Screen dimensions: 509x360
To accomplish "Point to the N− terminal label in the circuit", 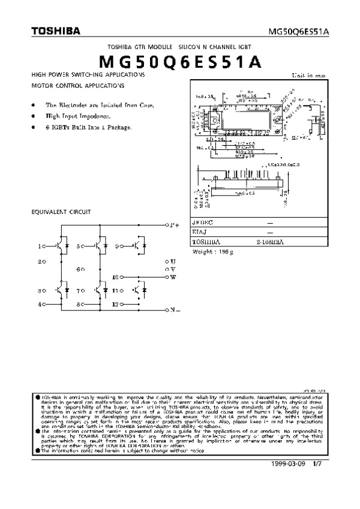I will pyautogui.click(x=175, y=310).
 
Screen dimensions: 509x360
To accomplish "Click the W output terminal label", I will pyautogui.click(x=173, y=277).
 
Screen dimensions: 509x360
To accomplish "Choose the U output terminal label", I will pyautogui.click(x=173, y=262).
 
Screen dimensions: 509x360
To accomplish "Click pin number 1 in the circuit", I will pyautogui.click(x=40, y=246).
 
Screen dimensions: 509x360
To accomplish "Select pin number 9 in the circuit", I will pyautogui.click(x=117, y=246).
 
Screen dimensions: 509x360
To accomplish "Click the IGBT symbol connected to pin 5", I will pyautogui.click(x=98, y=246).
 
